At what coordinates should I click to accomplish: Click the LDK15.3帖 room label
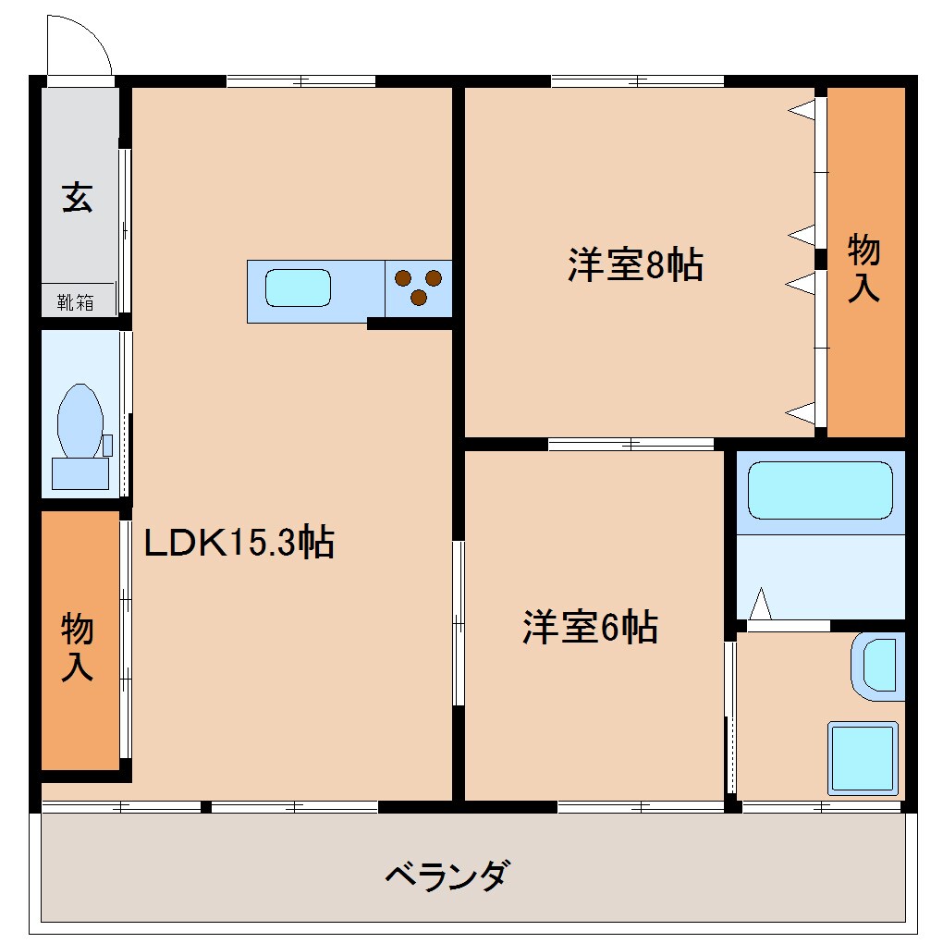239,543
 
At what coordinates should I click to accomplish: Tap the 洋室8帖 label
635,265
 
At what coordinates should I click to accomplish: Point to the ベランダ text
446,874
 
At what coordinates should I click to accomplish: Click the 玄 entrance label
78,198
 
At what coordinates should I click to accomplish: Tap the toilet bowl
80,421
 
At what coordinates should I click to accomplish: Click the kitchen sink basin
298,288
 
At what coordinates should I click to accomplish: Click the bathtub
819,490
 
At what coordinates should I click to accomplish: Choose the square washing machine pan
863,757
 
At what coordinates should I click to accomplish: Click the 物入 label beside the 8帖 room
864,267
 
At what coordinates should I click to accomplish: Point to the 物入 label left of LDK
78,646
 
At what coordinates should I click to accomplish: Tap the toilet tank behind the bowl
80,472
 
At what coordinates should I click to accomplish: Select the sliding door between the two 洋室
631,444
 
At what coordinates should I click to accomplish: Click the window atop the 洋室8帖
637,81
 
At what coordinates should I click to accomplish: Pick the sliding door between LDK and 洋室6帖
458,624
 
